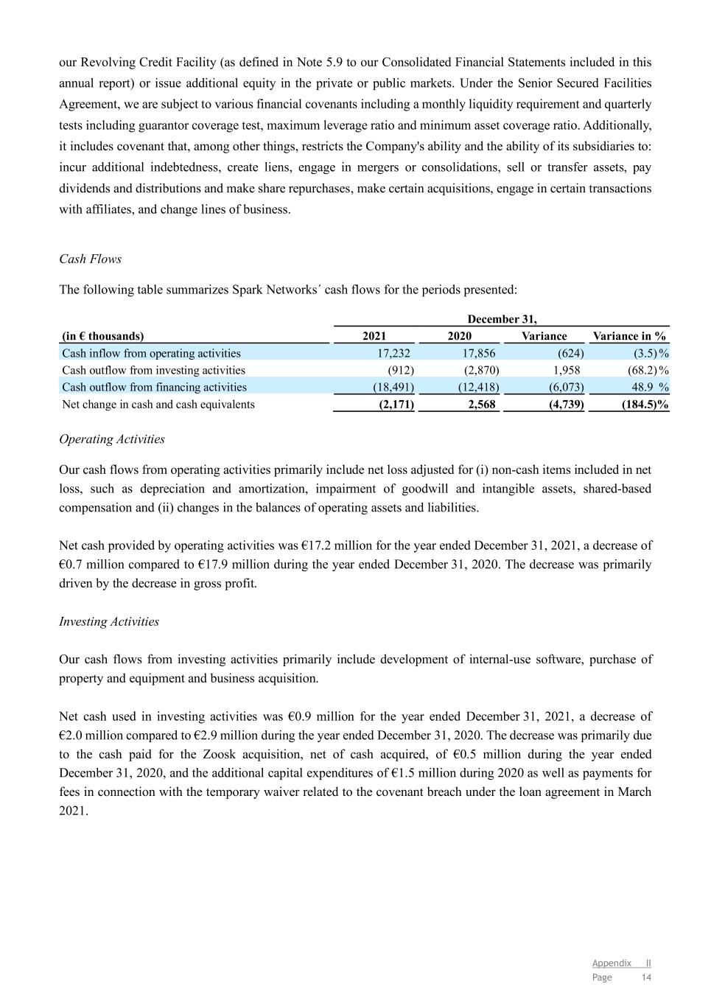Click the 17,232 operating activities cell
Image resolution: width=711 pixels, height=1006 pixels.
pos(395,353)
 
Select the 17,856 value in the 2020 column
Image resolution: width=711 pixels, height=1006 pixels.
pos(480,353)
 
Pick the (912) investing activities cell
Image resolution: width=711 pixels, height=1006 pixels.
pos(400,370)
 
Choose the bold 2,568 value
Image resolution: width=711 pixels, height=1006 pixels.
pos(482,404)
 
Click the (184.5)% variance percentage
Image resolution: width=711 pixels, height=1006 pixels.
pos(645,404)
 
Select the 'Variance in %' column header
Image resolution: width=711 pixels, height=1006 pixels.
pos(629,336)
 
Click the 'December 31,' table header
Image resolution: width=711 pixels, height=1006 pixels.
pos(502,319)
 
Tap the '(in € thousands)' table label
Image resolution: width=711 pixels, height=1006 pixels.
pos(103,336)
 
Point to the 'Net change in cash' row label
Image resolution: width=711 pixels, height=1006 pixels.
pos(158,404)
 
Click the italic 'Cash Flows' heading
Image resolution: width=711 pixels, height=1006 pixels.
pos(90,259)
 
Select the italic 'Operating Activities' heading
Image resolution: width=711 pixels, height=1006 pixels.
pos(112,439)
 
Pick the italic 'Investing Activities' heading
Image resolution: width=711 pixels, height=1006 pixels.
pos(109,621)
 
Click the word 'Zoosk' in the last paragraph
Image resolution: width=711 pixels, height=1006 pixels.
pos(220,754)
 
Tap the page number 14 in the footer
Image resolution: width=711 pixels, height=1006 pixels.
pos(646,977)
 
